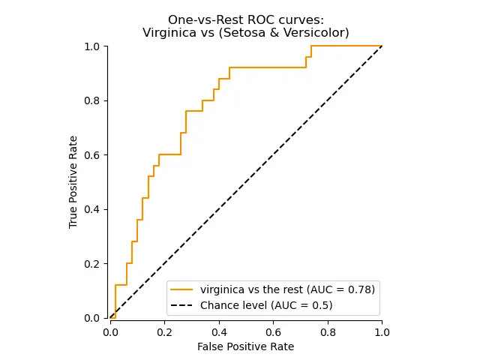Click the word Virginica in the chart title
(x=167, y=32)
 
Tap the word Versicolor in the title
(x=319, y=32)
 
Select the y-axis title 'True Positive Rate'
(x=73, y=182)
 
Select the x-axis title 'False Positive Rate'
(x=246, y=346)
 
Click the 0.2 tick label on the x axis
(x=165, y=331)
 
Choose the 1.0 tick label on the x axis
(x=382, y=331)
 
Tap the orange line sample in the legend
(x=182, y=289)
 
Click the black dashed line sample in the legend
(x=182, y=305)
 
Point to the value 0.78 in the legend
(x=359, y=289)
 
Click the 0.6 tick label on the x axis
(x=273, y=331)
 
